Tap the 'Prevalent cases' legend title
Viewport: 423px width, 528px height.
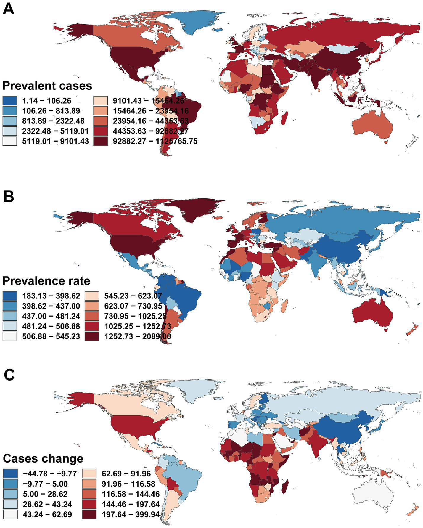point(47,86)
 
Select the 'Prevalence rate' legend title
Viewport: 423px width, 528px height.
point(46,281)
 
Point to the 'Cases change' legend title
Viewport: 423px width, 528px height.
point(43,458)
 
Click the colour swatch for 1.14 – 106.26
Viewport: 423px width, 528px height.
point(10,101)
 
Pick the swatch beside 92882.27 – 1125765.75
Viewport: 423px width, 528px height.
point(101,141)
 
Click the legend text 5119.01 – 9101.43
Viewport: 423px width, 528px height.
point(55,141)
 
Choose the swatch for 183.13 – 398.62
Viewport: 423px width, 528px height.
point(10,296)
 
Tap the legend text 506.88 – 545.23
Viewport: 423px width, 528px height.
point(51,336)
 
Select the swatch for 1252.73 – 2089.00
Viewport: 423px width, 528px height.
point(92,336)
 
